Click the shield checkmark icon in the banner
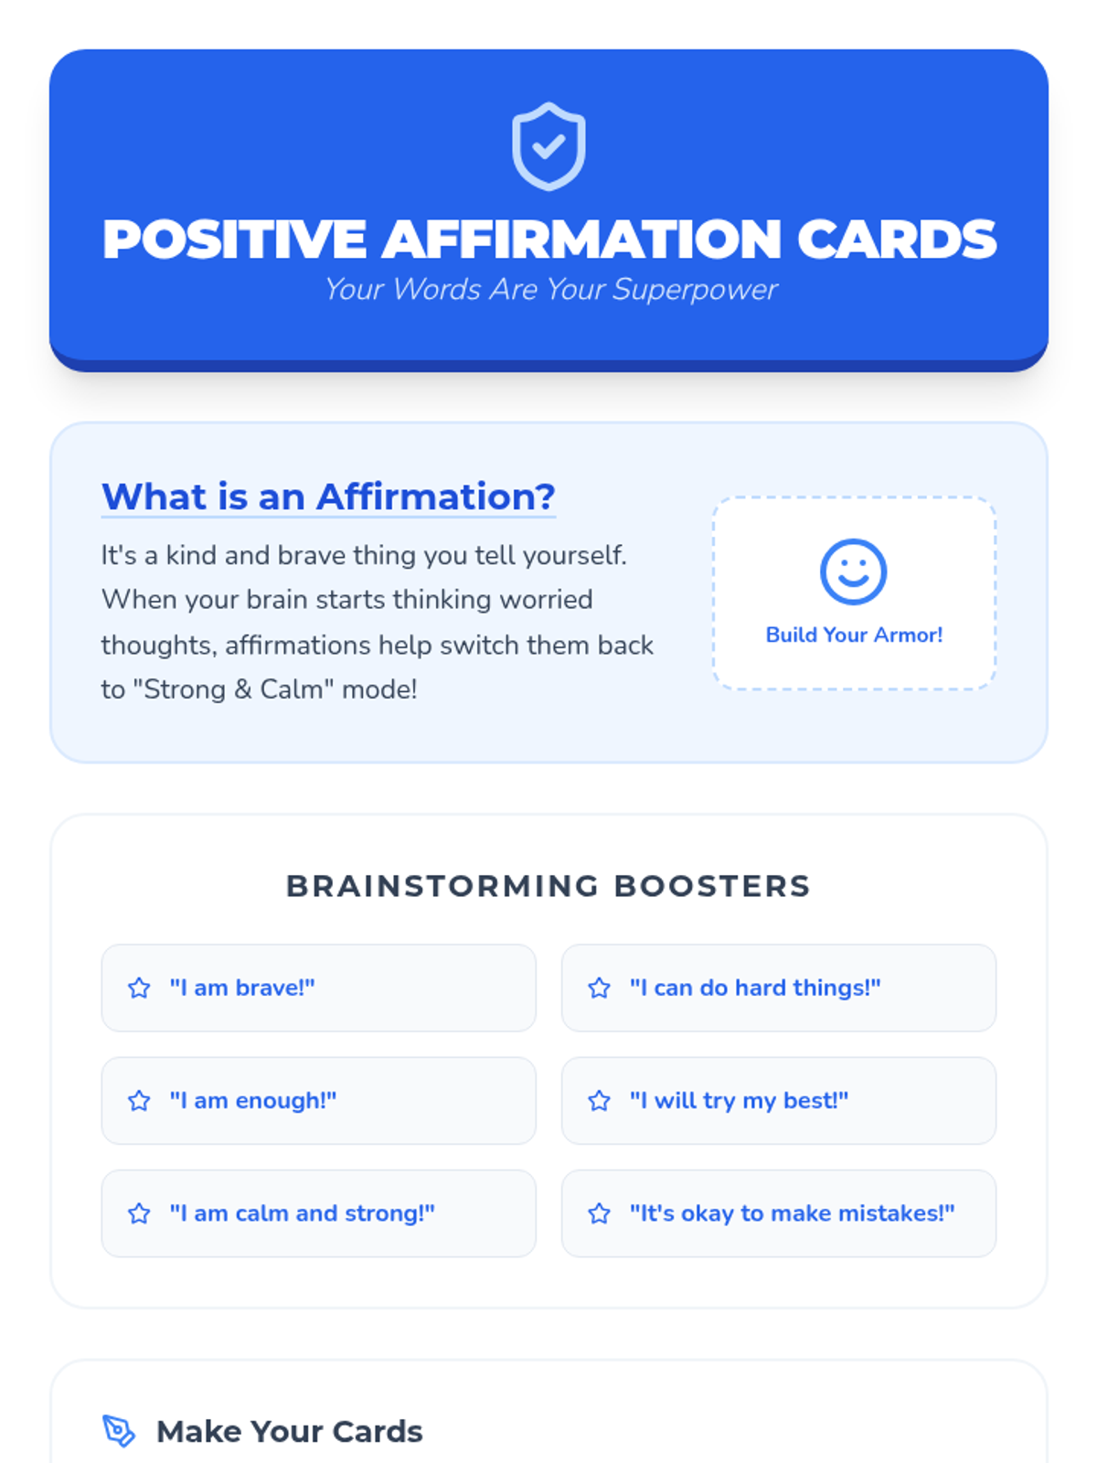[x=548, y=146]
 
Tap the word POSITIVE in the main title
[x=234, y=240]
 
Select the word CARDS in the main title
[x=897, y=240]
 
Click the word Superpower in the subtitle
[x=695, y=290]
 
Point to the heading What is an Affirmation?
[x=328, y=497]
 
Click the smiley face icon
[x=853, y=571]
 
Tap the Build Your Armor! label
[x=854, y=635]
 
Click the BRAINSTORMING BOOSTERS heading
[x=548, y=886]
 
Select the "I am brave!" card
[x=318, y=988]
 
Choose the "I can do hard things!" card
[x=779, y=988]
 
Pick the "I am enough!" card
[x=318, y=1100]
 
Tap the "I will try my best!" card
[x=779, y=1100]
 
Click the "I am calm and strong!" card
[x=318, y=1213]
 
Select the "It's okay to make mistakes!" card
[x=779, y=1213]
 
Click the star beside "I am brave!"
[x=139, y=988]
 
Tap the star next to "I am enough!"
[x=139, y=1100]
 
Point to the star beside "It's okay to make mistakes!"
[x=599, y=1213]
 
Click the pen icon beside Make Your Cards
[x=119, y=1431]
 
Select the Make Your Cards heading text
[x=289, y=1431]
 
